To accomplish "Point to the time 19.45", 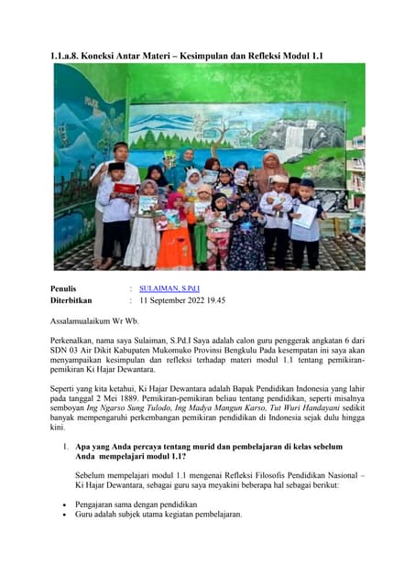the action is (x=215, y=299).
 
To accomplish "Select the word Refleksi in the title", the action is (x=261, y=56).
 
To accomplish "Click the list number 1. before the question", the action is (x=67, y=447).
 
